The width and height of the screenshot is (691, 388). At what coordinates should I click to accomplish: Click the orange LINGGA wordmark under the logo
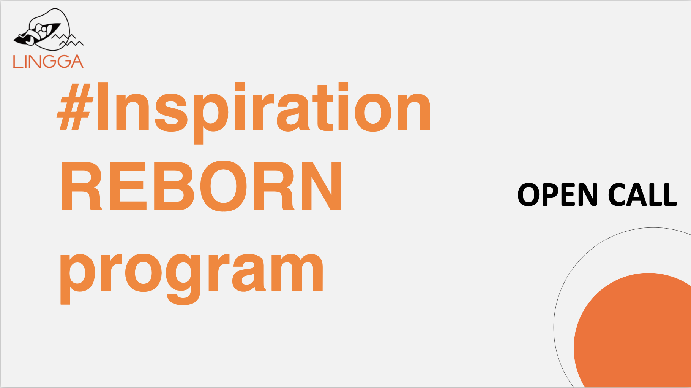tap(48, 62)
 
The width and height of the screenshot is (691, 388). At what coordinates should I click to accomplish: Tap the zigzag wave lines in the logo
tap(68, 40)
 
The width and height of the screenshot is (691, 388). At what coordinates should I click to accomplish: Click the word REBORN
tap(201, 186)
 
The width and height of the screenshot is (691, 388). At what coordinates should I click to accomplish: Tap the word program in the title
tap(192, 275)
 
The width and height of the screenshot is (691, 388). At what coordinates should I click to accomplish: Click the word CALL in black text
tap(642, 195)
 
